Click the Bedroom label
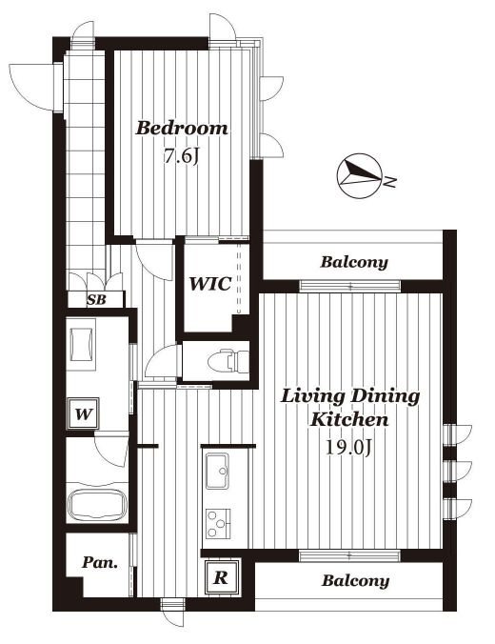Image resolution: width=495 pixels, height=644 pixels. pos(182,129)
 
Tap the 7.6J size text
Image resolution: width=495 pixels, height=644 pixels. pos(181,156)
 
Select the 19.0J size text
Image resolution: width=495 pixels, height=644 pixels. pos(348,447)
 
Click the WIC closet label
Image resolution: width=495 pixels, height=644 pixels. pos(209,283)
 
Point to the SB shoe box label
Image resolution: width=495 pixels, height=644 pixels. pos(96,300)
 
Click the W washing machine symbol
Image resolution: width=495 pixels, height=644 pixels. pos(84,413)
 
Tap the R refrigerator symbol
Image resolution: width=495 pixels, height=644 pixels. pos(222,577)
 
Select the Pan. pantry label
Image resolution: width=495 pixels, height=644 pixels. pos(100,562)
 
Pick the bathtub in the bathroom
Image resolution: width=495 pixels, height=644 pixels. pos(97,505)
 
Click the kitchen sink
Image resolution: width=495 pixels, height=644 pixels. pos(217,471)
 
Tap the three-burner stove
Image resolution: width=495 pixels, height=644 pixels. pos(218,523)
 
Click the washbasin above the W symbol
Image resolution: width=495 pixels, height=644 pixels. pos(83,344)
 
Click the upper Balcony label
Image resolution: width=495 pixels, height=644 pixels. pos(354,262)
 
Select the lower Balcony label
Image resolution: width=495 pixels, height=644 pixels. pos(355,581)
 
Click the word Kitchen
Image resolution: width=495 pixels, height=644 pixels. pos(349,420)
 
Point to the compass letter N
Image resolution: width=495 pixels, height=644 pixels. pos(390,181)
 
